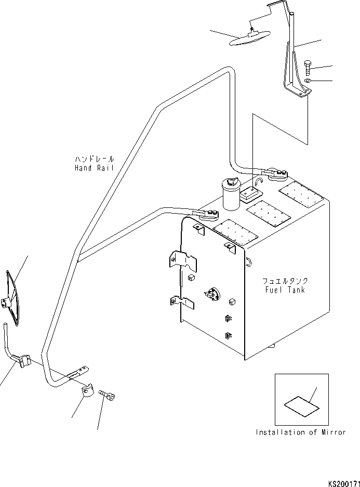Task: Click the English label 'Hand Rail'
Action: click(x=94, y=168)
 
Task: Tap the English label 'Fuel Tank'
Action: click(x=285, y=290)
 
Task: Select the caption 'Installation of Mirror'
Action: click(x=301, y=432)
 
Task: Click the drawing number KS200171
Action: click(x=344, y=483)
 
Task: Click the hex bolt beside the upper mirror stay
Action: click(x=308, y=68)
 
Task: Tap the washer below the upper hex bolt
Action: click(x=308, y=81)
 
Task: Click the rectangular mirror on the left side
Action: click(x=12, y=298)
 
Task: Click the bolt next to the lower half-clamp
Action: click(x=107, y=395)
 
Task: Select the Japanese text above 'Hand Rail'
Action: click(x=95, y=159)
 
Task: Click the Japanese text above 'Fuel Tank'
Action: click(x=285, y=281)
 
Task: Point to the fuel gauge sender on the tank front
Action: click(x=211, y=294)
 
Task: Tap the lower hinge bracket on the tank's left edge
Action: click(x=182, y=302)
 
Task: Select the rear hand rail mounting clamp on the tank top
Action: click(x=274, y=175)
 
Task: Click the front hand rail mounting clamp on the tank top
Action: click(x=205, y=215)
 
